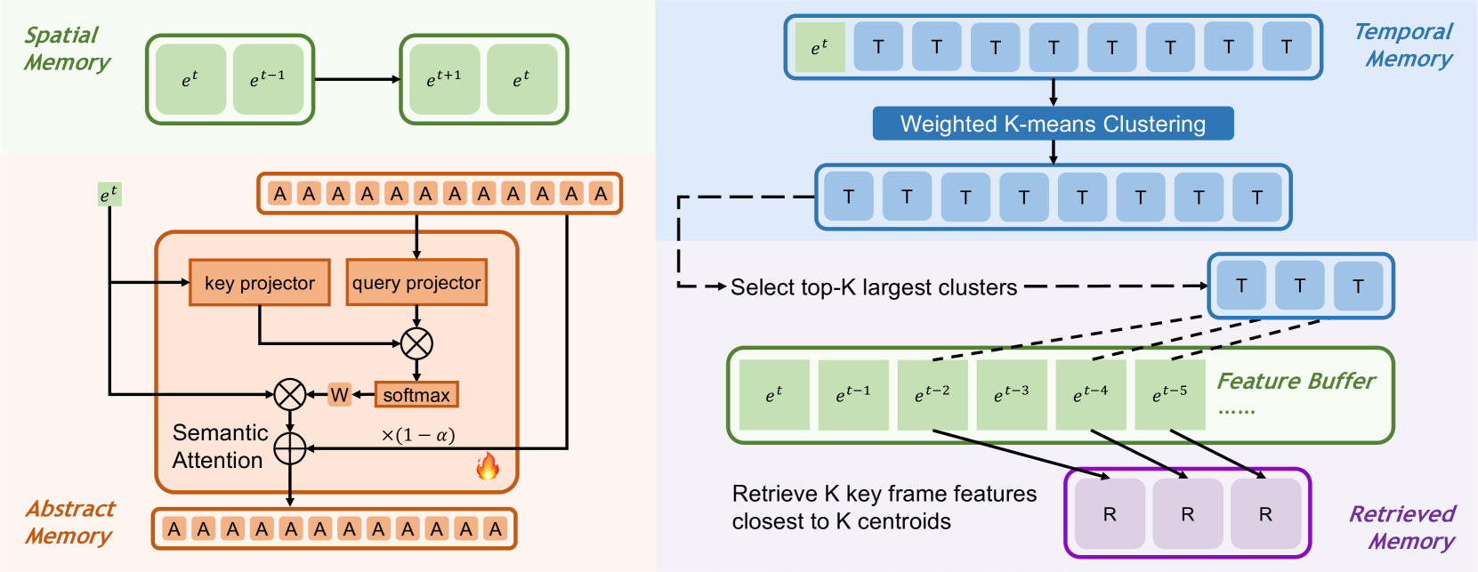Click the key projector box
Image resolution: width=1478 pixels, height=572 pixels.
[x=259, y=282]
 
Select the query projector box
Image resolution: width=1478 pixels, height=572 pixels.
[x=416, y=282]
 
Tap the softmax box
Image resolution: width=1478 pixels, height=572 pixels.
[x=416, y=394]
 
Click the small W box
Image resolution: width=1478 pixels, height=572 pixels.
[x=339, y=394]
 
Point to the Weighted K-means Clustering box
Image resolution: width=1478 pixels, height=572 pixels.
[x=1053, y=124]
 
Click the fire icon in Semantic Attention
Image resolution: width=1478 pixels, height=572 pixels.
[x=488, y=465]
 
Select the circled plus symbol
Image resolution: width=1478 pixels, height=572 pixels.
[x=290, y=448]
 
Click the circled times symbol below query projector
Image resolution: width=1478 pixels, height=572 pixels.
[x=416, y=343]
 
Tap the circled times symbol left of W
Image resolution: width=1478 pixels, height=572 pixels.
[x=290, y=394]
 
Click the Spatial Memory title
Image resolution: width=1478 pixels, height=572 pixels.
[x=67, y=48]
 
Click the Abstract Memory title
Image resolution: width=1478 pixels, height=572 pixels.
[x=69, y=522]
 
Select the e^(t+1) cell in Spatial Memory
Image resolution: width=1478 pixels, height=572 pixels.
[x=444, y=79]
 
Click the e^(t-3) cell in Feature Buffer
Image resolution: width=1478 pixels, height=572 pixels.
[x=1012, y=394]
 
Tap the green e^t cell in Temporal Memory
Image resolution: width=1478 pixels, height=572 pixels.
[x=820, y=47]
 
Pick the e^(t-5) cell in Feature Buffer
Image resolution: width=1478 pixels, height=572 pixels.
[x=1170, y=394]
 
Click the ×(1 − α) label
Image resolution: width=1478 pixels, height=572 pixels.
[x=417, y=435]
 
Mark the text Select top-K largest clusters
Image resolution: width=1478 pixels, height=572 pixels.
[x=874, y=287]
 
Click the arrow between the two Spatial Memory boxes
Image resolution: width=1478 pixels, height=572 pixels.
[x=357, y=79]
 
